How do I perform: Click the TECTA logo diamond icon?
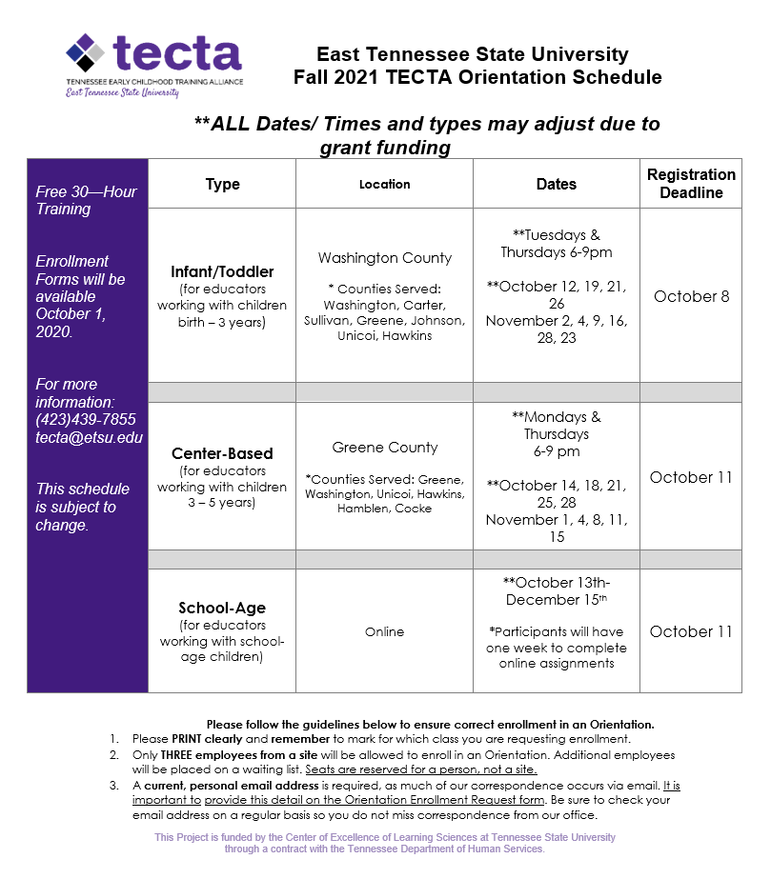coord(85,54)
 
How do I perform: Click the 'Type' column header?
coord(222,184)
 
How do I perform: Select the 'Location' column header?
coord(384,184)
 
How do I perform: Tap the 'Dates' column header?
coord(556,184)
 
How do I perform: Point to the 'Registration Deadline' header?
coord(691,184)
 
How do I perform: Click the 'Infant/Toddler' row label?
coord(222,272)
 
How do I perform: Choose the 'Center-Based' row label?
coord(222,453)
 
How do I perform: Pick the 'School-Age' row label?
coord(222,608)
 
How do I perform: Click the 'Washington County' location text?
coord(385,258)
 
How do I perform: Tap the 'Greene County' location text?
coord(385,448)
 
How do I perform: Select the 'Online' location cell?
coord(384,631)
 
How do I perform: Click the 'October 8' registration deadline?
coord(691,296)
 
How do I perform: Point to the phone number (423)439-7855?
coord(86,419)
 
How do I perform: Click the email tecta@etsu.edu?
coord(89,437)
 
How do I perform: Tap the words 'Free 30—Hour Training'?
coord(86,200)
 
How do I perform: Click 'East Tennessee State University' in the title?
coord(473,54)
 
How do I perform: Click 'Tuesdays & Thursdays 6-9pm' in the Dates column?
coord(557,244)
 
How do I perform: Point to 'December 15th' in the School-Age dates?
coord(556,600)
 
